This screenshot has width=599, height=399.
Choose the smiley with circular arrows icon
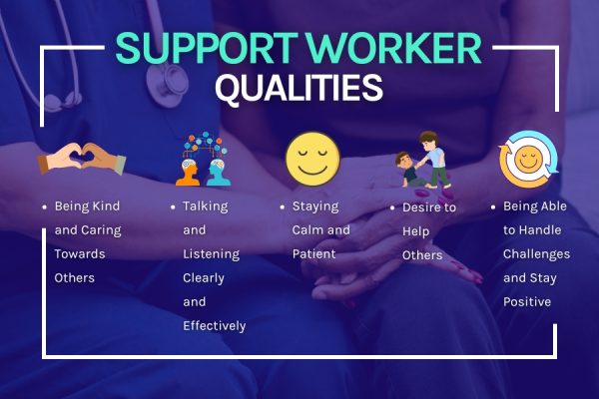526,160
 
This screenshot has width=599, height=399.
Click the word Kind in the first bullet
103,206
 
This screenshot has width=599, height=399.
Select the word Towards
79,254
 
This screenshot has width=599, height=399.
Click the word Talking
206,206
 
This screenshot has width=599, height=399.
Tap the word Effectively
214,325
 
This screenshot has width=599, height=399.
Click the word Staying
315,206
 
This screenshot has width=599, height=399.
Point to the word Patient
314,254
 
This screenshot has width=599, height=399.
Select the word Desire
422,207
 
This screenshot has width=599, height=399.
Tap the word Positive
527,301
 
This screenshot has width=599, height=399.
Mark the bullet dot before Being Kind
44,207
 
